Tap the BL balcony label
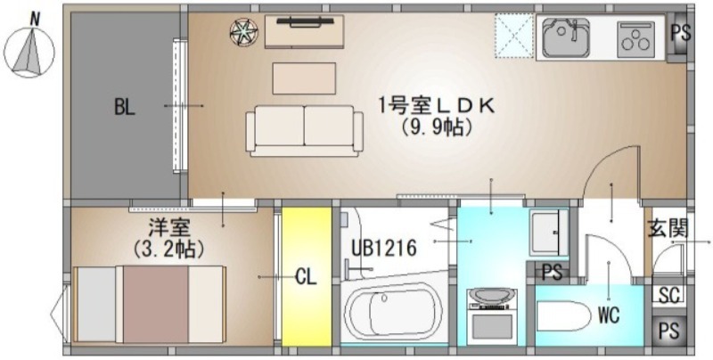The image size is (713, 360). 124,107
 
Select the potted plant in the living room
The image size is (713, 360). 243,32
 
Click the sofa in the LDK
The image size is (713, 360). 304,131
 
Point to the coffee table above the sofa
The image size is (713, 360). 304,78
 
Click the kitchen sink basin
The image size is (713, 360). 566,37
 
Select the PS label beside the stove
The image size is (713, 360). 681,33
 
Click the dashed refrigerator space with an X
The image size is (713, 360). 514,36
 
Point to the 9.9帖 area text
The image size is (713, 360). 436,127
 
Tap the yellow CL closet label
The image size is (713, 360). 306,276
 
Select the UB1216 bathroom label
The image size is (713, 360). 384,249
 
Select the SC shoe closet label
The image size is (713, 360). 669,295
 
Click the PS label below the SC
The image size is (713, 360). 668,331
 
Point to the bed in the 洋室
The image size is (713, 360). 150,304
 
